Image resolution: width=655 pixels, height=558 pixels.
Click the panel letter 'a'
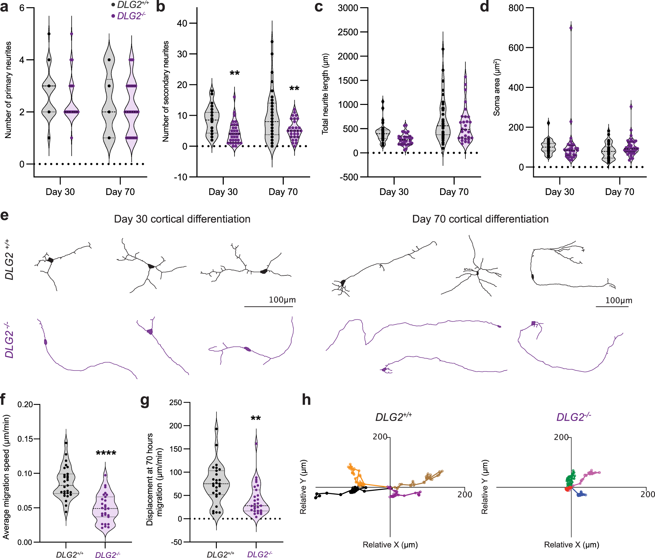[4, 7]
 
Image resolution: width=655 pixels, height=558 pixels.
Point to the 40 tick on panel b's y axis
[182, 23]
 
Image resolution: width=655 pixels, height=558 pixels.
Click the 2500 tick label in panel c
[348, 32]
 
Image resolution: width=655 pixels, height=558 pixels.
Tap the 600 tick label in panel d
[516, 48]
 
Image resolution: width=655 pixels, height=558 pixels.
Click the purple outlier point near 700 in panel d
[571, 28]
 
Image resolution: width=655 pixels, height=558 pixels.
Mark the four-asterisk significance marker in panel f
[106, 454]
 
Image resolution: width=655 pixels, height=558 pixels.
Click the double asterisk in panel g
[255, 419]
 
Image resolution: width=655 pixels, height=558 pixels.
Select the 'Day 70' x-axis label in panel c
[454, 192]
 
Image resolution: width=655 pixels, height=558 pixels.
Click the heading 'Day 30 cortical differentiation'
[182, 219]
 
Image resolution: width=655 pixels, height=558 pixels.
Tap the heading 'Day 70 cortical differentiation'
[480, 219]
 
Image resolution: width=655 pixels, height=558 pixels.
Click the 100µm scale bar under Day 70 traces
[612, 307]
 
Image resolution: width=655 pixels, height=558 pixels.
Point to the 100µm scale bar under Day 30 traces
[269, 307]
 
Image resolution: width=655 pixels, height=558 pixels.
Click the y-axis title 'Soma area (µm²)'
[497, 88]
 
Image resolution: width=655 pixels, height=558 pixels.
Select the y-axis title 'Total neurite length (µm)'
[325, 94]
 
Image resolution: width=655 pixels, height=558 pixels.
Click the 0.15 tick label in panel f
[25, 439]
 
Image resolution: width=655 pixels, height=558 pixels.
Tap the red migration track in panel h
[568, 489]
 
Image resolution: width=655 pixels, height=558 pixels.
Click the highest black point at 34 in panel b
[272, 42]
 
